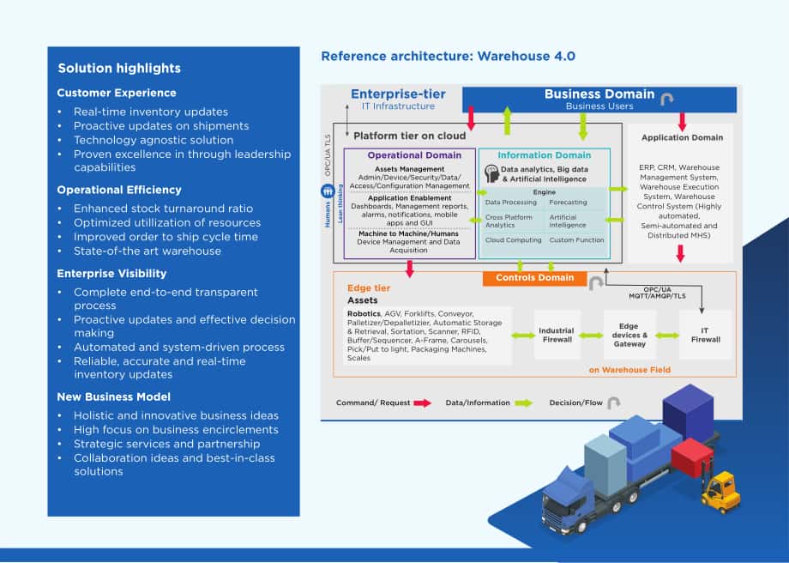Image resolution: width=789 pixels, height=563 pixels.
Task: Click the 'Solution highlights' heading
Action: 119,69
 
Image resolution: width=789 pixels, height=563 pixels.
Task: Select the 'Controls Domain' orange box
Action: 534,278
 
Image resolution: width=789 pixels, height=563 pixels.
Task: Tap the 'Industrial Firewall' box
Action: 556,335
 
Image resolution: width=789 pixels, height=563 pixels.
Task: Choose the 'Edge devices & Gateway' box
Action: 629,335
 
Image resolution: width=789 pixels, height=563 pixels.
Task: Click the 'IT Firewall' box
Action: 705,335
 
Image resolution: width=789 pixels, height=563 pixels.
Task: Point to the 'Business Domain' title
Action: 599,94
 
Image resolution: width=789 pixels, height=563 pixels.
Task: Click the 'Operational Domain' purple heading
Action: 414,155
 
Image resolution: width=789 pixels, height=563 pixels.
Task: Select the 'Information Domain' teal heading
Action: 544,155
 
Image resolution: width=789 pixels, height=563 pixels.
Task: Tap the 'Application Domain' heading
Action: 682,137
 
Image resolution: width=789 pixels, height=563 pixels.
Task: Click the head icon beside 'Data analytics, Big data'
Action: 491,173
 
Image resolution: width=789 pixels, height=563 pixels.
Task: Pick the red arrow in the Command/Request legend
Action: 422,403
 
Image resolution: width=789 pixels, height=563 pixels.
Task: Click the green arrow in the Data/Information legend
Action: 523,403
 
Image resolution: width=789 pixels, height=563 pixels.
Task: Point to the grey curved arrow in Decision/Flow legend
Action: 613,403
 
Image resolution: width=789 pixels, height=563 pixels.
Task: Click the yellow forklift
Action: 720,491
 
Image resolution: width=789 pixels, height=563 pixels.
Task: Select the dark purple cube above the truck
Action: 688,413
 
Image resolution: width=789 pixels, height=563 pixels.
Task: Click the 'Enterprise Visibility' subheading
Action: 111,274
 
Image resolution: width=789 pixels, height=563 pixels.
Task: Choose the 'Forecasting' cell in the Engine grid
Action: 568,203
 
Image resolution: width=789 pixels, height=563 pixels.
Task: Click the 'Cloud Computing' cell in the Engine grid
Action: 513,240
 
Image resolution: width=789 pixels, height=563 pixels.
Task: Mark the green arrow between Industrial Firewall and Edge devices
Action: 591,336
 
